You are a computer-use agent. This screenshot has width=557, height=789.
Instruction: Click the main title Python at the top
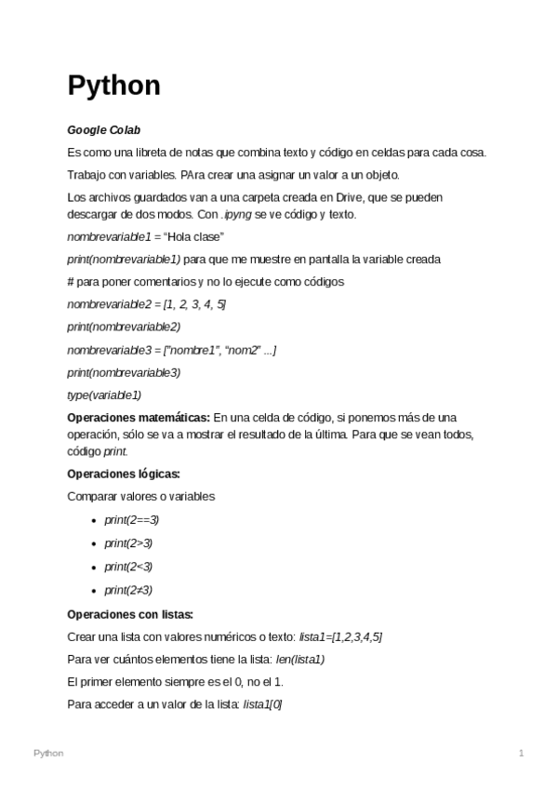113,87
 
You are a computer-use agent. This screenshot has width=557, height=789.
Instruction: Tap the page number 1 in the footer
522,753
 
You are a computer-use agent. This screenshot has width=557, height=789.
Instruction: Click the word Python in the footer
48,753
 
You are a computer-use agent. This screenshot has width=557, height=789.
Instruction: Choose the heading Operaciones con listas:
130,614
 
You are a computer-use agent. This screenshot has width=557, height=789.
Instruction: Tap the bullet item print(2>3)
128,543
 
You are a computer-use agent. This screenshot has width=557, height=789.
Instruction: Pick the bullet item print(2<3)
128,567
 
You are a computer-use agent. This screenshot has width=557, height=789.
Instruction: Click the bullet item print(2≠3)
128,590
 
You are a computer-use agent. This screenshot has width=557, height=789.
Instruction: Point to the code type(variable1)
104,394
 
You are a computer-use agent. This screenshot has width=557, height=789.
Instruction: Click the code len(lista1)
300,660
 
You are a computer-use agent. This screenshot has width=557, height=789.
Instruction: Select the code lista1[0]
262,705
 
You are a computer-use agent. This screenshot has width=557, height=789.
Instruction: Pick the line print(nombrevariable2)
124,327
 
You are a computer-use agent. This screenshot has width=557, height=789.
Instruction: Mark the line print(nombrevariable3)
124,372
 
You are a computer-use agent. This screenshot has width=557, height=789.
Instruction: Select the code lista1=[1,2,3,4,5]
340,636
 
